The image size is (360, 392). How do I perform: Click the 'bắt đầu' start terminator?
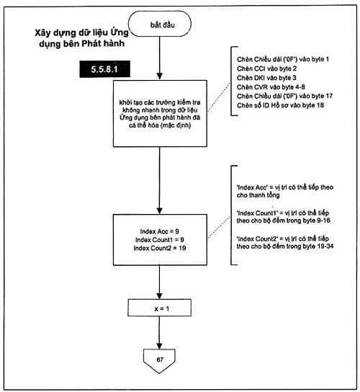click(160, 24)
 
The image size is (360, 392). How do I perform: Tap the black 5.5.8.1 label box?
click(104, 69)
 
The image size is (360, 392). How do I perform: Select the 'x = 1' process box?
click(160, 308)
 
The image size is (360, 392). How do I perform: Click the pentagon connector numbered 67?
click(159, 361)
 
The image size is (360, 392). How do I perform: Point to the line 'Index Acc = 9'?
click(159, 231)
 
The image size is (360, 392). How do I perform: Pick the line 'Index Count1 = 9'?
click(160, 240)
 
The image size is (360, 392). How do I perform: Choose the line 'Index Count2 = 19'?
click(160, 248)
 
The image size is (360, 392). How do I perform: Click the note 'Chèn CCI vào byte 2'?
click(266, 68)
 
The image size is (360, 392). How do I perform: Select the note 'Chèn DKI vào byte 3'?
click(266, 78)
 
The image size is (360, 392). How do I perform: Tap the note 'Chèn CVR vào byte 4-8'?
click(271, 87)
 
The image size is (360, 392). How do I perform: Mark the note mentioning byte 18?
click(280, 105)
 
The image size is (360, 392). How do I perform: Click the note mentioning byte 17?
click(284, 96)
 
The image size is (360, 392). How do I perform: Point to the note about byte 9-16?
click(283, 217)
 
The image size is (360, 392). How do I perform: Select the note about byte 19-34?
click(285, 243)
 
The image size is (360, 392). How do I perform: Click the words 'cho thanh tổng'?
click(258, 195)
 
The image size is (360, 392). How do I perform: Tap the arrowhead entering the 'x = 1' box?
click(159, 295)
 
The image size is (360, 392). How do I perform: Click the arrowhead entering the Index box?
click(159, 210)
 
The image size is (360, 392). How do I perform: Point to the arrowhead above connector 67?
click(159, 345)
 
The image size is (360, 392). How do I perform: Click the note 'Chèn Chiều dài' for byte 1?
click(283, 59)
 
